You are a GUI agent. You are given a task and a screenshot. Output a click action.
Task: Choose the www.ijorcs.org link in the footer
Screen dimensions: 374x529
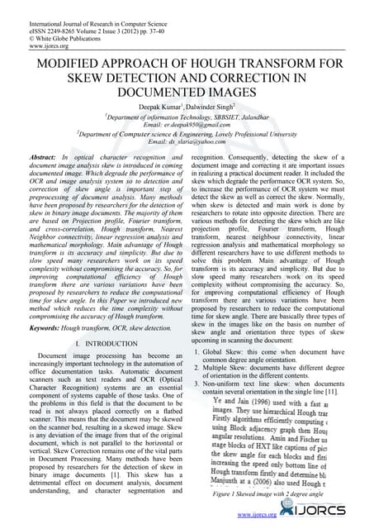pos(256,515)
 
